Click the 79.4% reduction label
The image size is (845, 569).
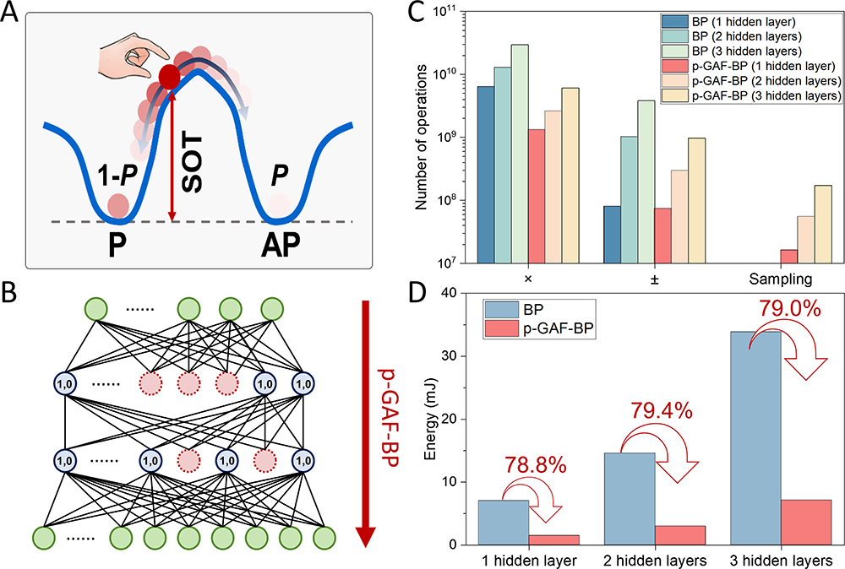tap(661, 411)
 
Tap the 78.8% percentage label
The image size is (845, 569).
tap(535, 465)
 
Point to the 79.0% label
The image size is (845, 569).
tap(790, 309)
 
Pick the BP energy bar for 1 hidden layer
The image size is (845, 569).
tap(504, 523)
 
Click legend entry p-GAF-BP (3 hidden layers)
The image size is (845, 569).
tap(751, 96)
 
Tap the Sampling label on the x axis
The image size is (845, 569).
tap(780, 279)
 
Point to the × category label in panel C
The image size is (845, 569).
tap(528, 279)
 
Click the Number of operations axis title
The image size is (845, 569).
tap(422, 138)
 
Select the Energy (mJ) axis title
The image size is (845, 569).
tap(430, 420)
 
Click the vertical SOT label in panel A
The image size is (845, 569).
tap(192, 164)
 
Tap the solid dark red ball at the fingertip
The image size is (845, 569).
tap(169, 77)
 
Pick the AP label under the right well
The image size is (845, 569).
tap(281, 246)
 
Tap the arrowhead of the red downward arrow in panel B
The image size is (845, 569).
tap(366, 535)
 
